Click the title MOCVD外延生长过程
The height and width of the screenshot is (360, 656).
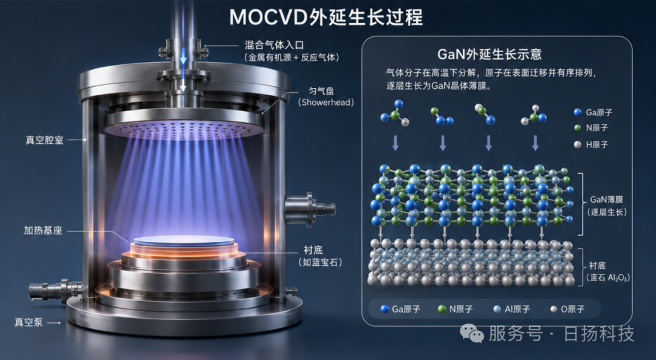click(326, 17)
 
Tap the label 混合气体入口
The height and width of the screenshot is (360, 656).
click(274, 45)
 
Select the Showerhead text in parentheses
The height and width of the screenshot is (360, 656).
click(326, 103)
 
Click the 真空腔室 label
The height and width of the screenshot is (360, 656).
click(44, 140)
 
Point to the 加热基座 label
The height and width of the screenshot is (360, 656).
click(43, 230)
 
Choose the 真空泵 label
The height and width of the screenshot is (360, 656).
click(29, 322)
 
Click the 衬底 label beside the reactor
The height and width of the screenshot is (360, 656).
click(313, 250)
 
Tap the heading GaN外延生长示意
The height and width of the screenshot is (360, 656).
click(490, 55)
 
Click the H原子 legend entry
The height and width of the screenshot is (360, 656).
click(591, 144)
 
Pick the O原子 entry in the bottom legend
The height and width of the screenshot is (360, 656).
click(567, 309)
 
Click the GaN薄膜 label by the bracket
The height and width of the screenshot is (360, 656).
click(607, 200)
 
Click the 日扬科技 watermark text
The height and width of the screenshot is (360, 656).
click(599, 334)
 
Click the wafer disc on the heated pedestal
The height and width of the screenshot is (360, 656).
click(184, 241)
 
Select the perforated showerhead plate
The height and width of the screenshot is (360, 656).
click(184, 127)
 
